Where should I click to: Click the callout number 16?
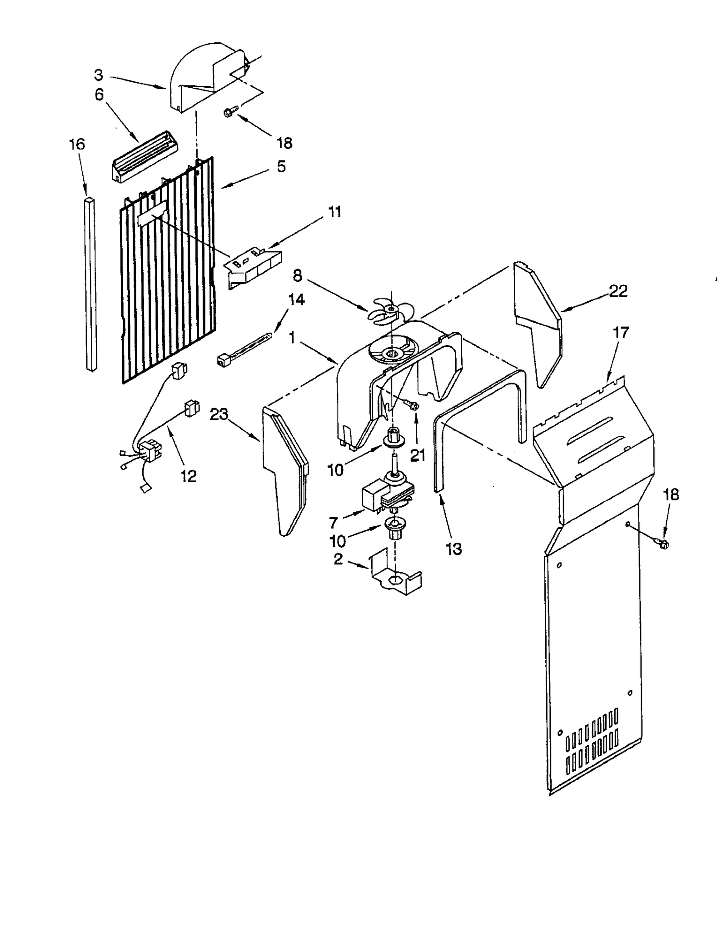[77, 145]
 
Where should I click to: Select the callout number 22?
[618, 291]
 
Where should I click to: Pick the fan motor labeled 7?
[386, 496]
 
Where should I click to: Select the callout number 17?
[621, 333]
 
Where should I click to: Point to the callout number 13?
[454, 549]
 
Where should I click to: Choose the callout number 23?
[219, 414]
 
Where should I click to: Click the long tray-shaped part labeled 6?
[144, 155]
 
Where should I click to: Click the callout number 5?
[281, 166]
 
